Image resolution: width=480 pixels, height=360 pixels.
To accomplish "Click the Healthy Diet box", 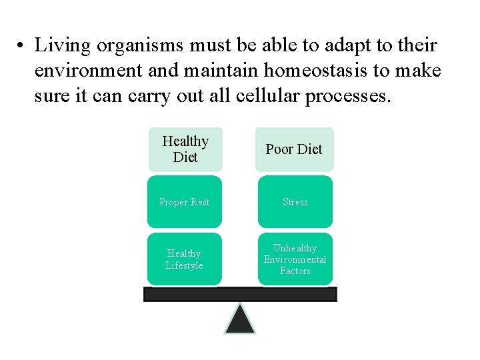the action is click(185, 149).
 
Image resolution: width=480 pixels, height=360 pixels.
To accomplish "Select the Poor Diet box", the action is click(294, 149).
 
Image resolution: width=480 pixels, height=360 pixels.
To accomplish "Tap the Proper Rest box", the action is click(185, 202).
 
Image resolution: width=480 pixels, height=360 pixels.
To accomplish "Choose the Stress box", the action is click(295, 202).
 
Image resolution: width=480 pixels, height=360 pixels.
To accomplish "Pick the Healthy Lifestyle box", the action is click(185, 259).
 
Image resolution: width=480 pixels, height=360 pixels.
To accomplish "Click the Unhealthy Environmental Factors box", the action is click(295, 259).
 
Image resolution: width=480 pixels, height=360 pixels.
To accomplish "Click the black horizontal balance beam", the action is click(240, 294).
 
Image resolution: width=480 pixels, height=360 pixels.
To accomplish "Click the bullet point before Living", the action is click(22, 47).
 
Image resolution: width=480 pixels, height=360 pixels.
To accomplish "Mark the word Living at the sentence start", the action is click(63, 45).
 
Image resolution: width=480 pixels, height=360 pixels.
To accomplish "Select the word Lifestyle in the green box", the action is click(185, 265).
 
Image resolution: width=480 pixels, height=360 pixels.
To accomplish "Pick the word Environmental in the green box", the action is click(295, 259).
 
